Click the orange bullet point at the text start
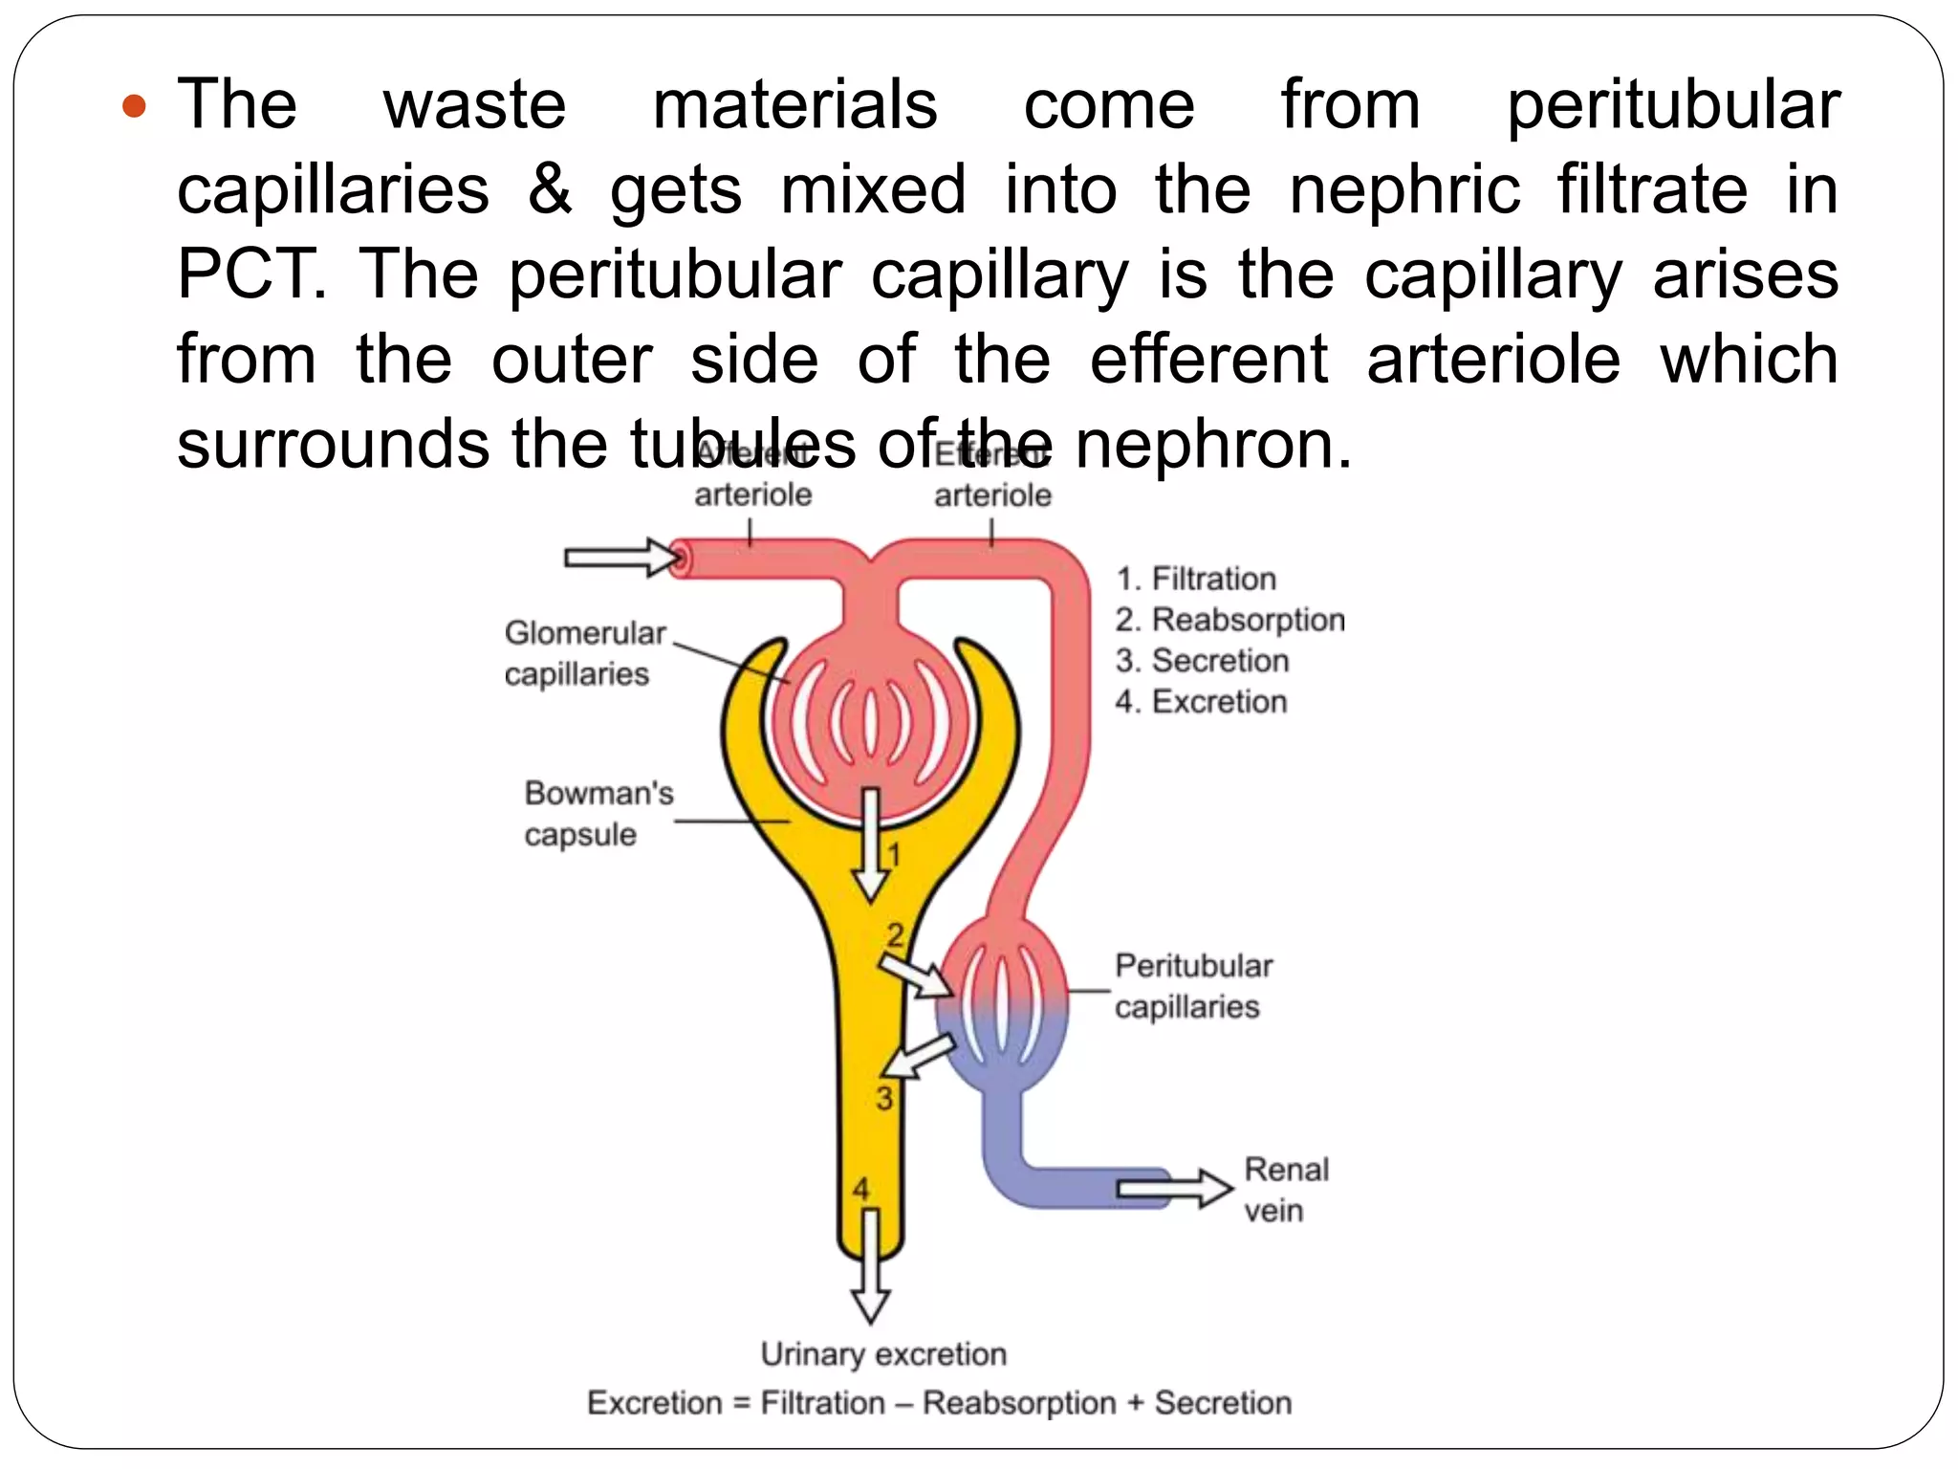point(135,105)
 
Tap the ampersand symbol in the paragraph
point(550,188)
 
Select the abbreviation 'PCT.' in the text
point(250,274)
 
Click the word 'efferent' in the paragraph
point(1208,360)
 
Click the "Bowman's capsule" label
point(598,813)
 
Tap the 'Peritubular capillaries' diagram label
point(1192,986)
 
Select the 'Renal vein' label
point(1285,1189)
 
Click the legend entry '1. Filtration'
point(1196,579)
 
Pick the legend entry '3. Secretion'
point(1202,660)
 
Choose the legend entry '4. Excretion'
point(1201,701)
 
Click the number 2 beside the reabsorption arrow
point(895,934)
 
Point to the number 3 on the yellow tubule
point(884,1098)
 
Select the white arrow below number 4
point(870,1267)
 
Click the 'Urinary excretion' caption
point(883,1354)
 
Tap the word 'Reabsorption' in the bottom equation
point(1019,1403)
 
